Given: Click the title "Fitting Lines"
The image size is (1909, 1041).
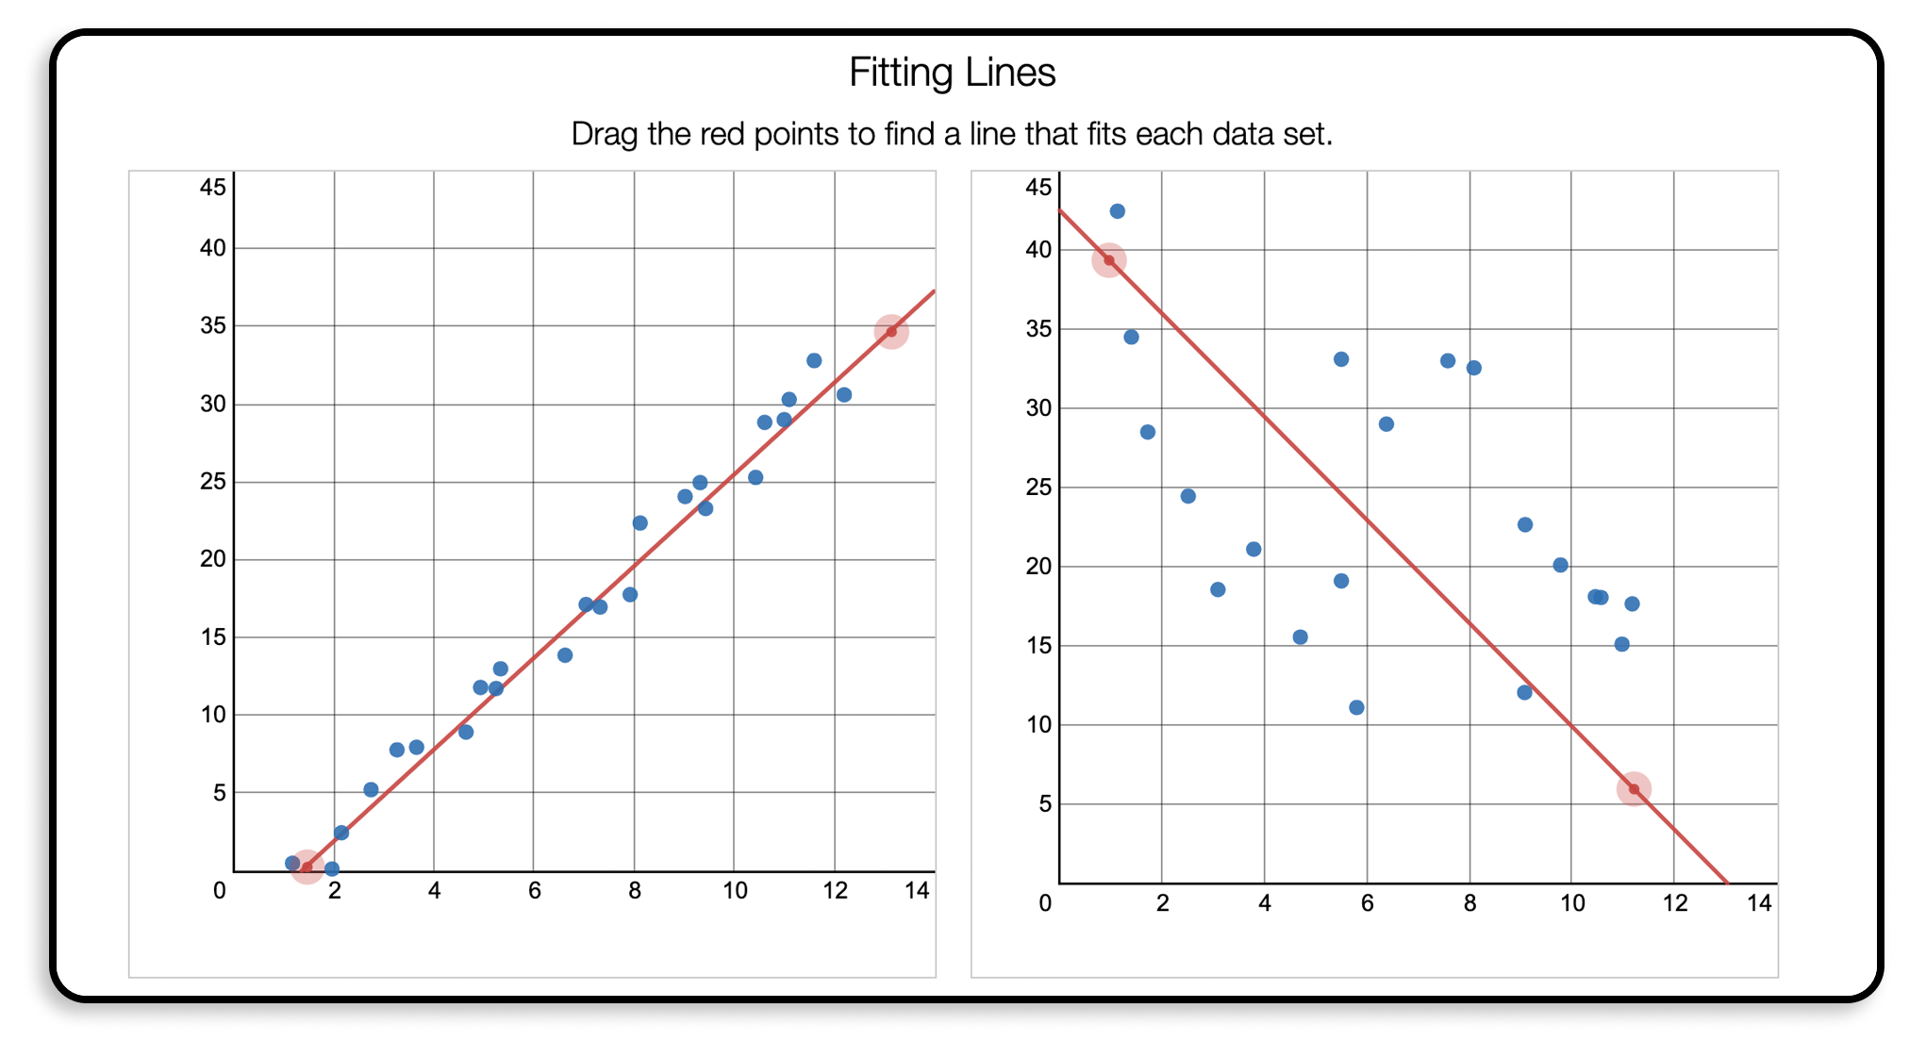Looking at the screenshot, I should pyautogui.click(x=952, y=73).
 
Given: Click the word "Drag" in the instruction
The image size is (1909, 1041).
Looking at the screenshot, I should pyautogui.click(x=605, y=134).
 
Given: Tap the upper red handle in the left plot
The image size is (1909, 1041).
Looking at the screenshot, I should pyautogui.click(x=890, y=331).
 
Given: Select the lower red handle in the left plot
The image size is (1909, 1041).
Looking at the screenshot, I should pyautogui.click(x=307, y=867).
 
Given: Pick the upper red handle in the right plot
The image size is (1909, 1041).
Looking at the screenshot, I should pyautogui.click(x=1109, y=260).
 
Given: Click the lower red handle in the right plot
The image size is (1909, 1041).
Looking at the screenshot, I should pyautogui.click(x=1634, y=789).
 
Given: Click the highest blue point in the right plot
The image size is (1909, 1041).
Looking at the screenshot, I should pyautogui.click(x=1117, y=211).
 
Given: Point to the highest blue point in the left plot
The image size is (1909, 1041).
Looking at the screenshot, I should pyautogui.click(x=814, y=360).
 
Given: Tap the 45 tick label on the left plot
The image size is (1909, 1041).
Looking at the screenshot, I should pyautogui.click(x=213, y=187).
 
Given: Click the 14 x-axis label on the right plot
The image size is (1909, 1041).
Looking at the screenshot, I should pyautogui.click(x=1759, y=903).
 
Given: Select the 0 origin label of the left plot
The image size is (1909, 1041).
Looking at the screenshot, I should pyautogui.click(x=220, y=891).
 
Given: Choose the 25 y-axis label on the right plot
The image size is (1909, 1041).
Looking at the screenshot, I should pyautogui.click(x=1038, y=487).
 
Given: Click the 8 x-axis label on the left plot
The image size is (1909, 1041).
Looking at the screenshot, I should pyautogui.click(x=635, y=891).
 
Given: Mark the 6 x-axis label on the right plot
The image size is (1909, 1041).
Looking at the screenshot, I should pyautogui.click(x=1367, y=903).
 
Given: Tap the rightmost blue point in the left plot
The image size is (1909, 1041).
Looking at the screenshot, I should pyautogui.click(x=844, y=395).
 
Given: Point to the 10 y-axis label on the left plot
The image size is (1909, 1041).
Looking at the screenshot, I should pyautogui.click(x=213, y=715).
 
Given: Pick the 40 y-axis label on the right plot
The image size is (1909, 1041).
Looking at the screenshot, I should pyautogui.click(x=1038, y=250).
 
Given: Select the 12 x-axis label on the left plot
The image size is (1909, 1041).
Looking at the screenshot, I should pyautogui.click(x=835, y=891).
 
